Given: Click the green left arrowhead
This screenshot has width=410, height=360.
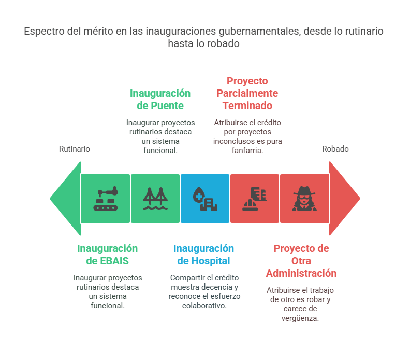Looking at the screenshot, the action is pyautogui.click(x=67, y=199).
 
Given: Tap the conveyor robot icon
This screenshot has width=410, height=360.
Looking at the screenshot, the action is pyautogui.click(x=106, y=199).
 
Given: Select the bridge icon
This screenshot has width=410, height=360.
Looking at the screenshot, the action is pyautogui.click(x=155, y=199).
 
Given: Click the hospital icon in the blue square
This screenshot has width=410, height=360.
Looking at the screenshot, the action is pyautogui.click(x=205, y=199).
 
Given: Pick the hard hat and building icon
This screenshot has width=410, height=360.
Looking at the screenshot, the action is pyautogui.click(x=255, y=199).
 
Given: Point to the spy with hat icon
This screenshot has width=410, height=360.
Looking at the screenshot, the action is pyautogui.click(x=304, y=199).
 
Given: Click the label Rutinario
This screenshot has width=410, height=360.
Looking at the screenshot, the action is pyautogui.click(x=75, y=149).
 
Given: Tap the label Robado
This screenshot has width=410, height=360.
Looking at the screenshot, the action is pyautogui.click(x=335, y=149).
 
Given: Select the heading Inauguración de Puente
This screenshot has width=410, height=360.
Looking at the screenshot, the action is pyautogui.click(x=160, y=99).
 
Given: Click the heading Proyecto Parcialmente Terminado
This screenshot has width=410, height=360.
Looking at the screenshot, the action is pyautogui.click(x=247, y=93).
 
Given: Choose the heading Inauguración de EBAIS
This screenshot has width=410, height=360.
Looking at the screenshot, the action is pyautogui.click(x=108, y=254).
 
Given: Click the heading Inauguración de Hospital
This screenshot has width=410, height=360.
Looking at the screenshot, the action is pyautogui.click(x=203, y=254).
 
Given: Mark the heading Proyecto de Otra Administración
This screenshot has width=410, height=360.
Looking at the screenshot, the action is pyautogui.click(x=301, y=261).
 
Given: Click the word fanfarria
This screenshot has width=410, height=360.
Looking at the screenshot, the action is pyautogui.click(x=247, y=151).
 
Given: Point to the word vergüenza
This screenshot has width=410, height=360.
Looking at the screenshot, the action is pyautogui.click(x=300, y=318).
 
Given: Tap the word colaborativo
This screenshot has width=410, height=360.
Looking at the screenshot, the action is pyautogui.click(x=203, y=306).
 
